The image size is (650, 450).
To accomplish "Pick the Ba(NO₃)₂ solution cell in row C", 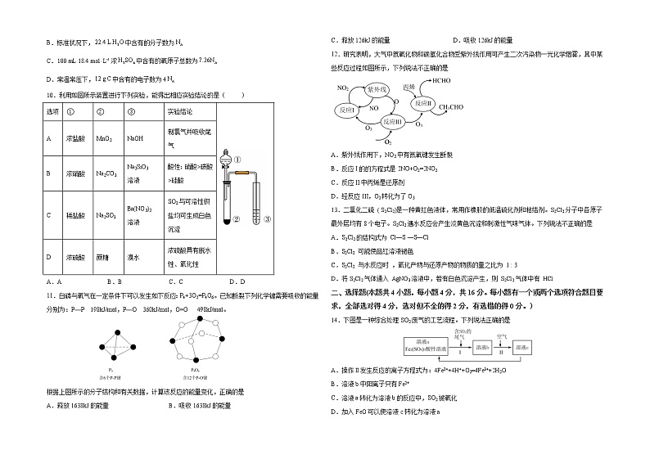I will point(138,213).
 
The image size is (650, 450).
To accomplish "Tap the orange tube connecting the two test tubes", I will point(243,172).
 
